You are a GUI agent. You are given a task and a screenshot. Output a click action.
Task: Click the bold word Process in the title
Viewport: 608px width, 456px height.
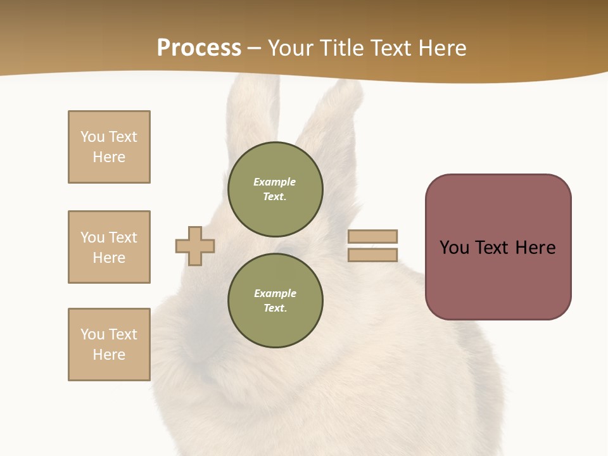[199, 48]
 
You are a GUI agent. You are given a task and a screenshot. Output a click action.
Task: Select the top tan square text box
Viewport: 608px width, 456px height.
[109, 147]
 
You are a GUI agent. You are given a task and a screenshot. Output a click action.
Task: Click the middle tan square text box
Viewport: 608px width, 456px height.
[109, 247]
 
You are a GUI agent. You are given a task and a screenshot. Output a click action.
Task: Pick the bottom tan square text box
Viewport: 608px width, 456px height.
[109, 345]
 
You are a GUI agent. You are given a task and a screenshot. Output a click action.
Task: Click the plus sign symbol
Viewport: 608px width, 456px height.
[195, 246]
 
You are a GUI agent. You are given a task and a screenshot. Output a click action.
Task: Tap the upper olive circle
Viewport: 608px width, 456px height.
[275, 189]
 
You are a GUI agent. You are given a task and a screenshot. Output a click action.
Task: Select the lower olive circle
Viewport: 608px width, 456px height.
[275, 300]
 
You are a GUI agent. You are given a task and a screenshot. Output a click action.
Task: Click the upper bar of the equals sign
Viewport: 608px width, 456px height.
[372, 236]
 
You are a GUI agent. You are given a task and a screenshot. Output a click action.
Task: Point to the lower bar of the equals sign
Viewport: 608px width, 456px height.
[372, 255]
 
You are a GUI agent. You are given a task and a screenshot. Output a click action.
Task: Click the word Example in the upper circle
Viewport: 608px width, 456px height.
[275, 182]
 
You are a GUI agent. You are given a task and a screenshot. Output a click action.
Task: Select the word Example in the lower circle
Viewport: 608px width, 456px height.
[275, 293]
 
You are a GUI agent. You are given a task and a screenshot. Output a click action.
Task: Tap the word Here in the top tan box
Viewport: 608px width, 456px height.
[109, 157]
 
